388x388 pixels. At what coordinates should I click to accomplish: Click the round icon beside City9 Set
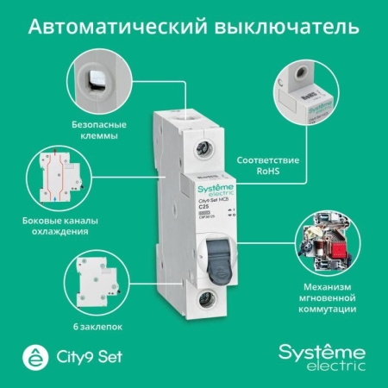tap(34, 356)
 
